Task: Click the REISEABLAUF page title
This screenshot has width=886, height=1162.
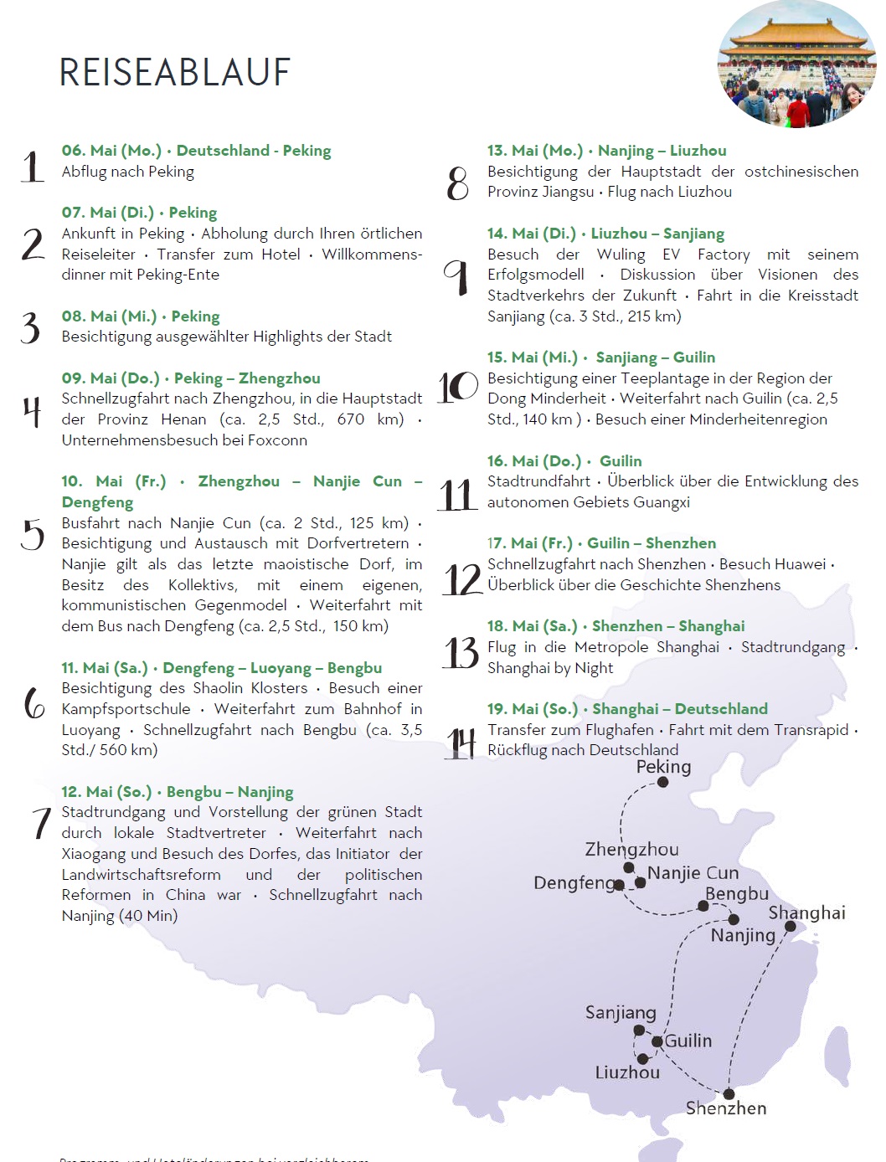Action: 175,73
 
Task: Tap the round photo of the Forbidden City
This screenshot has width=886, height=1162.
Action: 796,65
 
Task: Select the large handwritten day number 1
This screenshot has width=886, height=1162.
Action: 32,166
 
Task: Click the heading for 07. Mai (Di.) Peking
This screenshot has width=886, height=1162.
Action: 139,213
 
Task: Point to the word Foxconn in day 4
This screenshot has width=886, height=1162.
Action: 276,440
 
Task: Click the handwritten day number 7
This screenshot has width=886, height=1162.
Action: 40,822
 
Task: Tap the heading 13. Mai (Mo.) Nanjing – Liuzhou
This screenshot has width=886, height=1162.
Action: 606,151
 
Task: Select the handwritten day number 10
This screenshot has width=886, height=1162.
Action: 458,387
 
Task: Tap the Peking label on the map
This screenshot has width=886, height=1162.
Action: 663,767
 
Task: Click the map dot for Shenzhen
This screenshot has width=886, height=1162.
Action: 729,1094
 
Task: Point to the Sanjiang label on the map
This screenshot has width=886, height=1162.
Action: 621,1013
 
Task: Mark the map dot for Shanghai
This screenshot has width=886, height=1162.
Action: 790,926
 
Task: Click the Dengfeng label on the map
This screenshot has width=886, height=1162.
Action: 574,882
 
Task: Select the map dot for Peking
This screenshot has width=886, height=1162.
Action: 662,782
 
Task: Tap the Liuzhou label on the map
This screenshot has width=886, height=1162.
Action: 627,1072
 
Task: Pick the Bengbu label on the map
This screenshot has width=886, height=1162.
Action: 736,893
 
